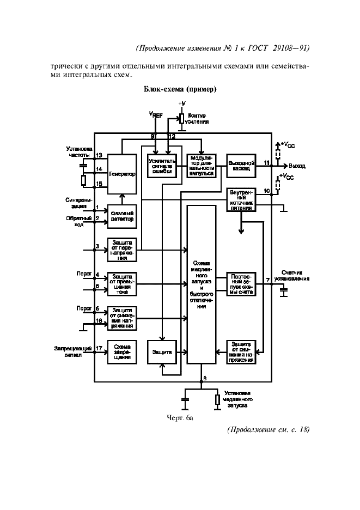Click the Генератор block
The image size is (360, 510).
(121, 173)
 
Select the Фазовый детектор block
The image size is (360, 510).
(121, 216)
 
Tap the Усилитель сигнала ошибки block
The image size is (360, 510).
(162, 166)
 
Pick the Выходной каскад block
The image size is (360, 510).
(241, 166)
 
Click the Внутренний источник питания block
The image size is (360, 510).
(241, 199)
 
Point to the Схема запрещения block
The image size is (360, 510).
(121, 352)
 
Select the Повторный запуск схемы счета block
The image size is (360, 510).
(241, 283)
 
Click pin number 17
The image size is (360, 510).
(99, 348)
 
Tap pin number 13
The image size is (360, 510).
(99, 155)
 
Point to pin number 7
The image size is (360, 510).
(267, 280)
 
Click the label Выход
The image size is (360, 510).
(297, 165)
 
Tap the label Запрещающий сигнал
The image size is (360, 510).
(68, 351)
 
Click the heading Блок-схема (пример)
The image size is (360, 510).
(180, 89)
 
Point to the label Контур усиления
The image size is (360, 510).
(198, 119)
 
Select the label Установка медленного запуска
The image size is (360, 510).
(237, 399)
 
